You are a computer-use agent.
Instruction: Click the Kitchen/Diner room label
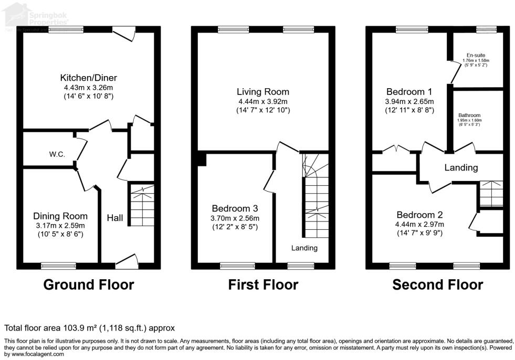[88, 78]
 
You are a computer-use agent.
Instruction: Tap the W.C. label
[57, 154]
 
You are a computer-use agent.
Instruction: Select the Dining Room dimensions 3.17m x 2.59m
[60, 226]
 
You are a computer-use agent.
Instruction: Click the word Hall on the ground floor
[115, 217]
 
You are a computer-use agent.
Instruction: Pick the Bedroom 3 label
[236, 209]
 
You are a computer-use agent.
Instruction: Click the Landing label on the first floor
[304, 248]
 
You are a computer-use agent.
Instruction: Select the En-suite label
[476, 55]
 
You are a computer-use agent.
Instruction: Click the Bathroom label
[469, 115]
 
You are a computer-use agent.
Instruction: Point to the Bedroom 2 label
[419, 215]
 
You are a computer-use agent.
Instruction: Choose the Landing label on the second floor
[461, 168]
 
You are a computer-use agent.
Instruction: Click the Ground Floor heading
[88, 285]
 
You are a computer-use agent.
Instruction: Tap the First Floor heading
[263, 285]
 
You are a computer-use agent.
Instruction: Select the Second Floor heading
[438, 285]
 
